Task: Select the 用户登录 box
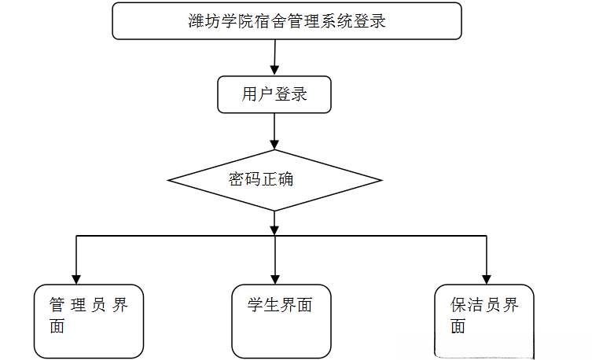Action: tap(274, 95)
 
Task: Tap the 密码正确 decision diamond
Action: tap(274, 180)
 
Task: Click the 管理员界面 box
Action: tap(89, 321)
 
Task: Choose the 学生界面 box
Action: tap(281, 321)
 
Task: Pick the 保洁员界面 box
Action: tap(484, 321)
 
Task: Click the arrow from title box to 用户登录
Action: tap(274, 57)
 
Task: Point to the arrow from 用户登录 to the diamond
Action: tap(274, 131)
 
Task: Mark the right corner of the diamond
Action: tap(381, 180)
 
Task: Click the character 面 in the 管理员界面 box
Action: tap(57, 326)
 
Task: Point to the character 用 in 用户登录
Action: tap(250, 95)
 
